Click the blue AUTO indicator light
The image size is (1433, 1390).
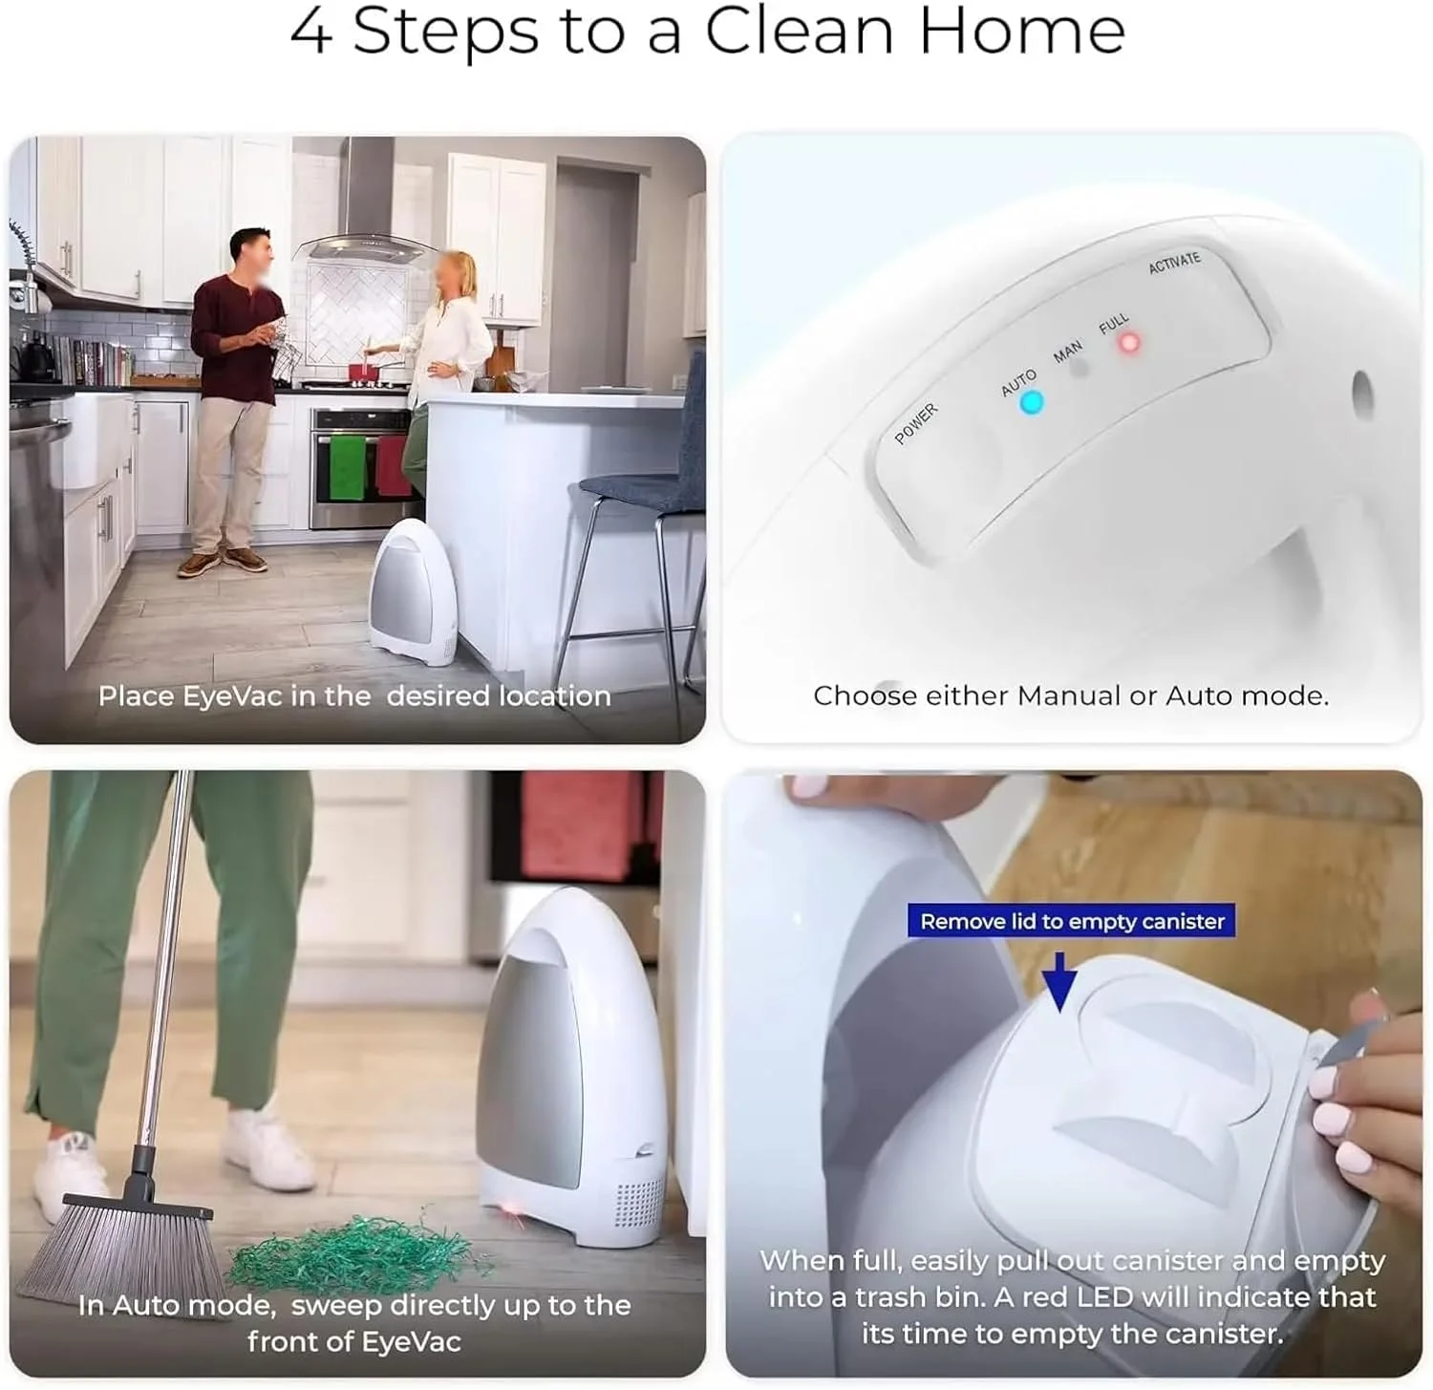point(1031,402)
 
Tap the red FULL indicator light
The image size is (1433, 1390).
point(1129,342)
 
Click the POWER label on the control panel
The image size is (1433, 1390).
point(916,423)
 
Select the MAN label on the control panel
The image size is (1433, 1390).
point(1067,352)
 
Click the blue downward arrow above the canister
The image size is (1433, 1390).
point(1059,980)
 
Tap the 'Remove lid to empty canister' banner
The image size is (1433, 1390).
point(1072,922)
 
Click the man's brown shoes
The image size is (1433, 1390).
point(223,562)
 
